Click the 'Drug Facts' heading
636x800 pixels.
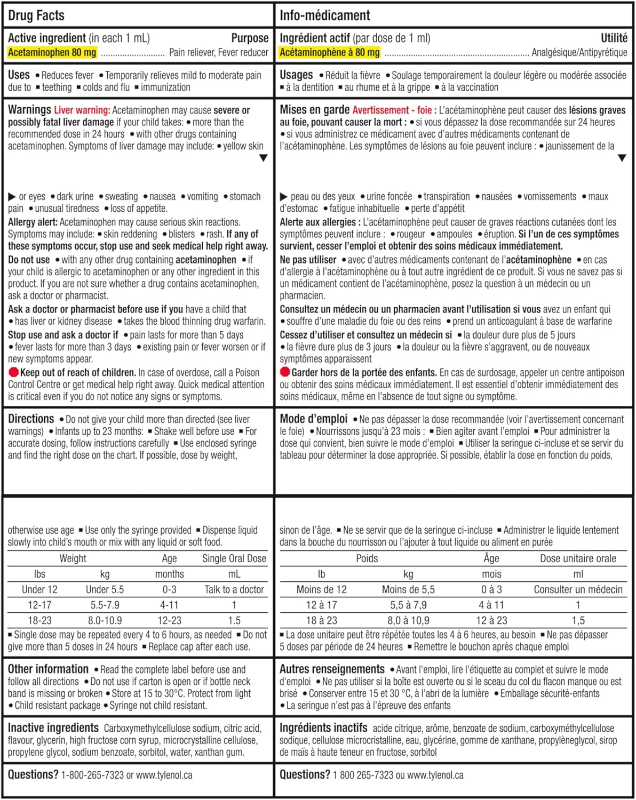click(x=36, y=15)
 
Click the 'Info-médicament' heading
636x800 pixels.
click(x=324, y=15)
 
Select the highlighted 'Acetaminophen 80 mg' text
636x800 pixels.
click(x=52, y=52)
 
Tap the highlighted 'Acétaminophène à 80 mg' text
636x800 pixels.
click(x=329, y=52)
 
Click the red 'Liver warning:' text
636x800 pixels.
click(x=82, y=110)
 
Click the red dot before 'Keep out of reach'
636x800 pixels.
click(x=13, y=372)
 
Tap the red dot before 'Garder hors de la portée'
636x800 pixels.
click(x=285, y=372)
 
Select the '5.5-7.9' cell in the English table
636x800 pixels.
click(x=105, y=605)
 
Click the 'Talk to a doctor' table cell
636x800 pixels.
click(x=234, y=589)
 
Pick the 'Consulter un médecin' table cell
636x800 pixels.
click(x=578, y=589)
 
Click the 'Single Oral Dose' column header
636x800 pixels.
click(x=234, y=558)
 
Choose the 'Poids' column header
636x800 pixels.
click(x=367, y=558)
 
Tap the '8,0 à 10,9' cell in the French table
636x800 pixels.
click(x=408, y=620)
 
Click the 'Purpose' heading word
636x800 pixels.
click(x=250, y=38)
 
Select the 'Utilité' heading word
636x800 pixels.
click(x=614, y=38)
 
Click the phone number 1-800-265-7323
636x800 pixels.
click(x=92, y=775)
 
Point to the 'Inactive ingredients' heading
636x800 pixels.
click(x=53, y=728)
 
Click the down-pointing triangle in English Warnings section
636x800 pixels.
click(x=263, y=158)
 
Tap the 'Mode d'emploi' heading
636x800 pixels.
click(x=313, y=419)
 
